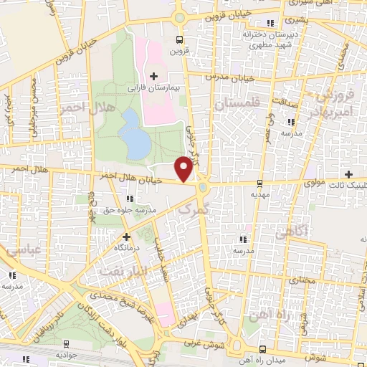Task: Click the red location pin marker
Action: tap(184, 168)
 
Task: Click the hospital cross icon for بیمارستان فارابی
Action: tap(154, 75)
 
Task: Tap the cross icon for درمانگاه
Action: tap(127, 236)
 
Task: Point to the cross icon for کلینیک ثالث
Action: tap(348, 174)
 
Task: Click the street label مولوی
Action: tap(315, 182)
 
